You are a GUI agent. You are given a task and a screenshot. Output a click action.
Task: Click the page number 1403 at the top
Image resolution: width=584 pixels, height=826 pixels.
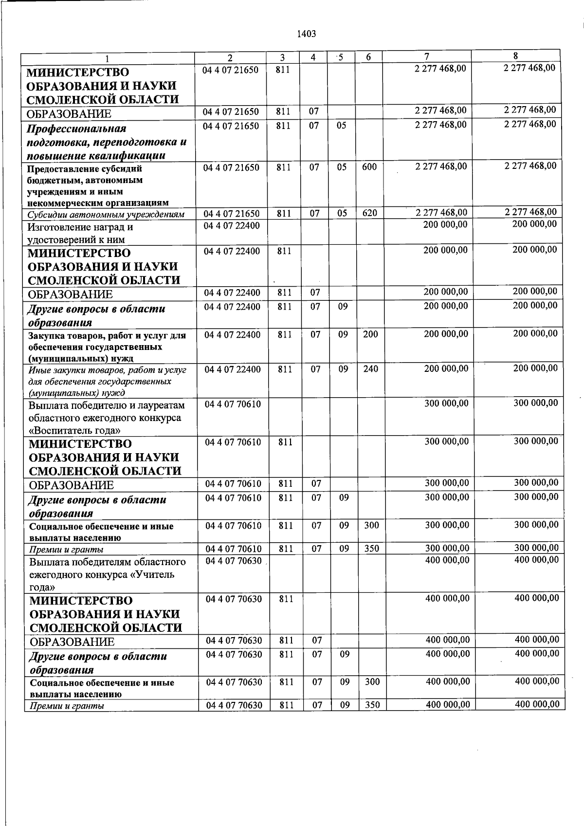click(x=307, y=34)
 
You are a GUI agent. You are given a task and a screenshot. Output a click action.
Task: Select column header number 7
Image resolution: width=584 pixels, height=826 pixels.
click(x=426, y=56)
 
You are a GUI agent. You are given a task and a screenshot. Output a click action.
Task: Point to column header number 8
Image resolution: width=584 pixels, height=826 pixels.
click(x=515, y=56)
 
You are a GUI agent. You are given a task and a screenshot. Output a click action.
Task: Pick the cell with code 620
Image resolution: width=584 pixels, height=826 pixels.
click(x=370, y=213)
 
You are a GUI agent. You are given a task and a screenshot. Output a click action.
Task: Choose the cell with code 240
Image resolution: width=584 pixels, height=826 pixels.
click(x=370, y=369)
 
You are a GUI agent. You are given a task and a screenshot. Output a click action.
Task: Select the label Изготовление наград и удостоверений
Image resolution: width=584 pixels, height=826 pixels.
click(x=80, y=233)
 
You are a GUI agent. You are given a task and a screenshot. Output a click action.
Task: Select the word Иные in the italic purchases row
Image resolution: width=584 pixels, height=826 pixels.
click(x=38, y=370)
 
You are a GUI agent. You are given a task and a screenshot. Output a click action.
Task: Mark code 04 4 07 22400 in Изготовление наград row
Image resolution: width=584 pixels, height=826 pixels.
click(x=232, y=226)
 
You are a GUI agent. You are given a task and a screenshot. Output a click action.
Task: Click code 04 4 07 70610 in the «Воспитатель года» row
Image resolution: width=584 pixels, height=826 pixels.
click(x=233, y=404)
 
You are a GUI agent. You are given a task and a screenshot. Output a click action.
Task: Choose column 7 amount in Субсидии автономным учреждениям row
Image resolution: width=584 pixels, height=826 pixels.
click(x=441, y=213)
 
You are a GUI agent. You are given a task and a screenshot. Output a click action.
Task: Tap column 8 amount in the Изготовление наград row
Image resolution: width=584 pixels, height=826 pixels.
click(x=535, y=224)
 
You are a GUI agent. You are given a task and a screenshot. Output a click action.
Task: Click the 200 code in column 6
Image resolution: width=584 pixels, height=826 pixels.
click(x=370, y=334)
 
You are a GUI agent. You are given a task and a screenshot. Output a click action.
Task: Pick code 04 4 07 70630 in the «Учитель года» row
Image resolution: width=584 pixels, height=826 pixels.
click(x=234, y=561)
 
